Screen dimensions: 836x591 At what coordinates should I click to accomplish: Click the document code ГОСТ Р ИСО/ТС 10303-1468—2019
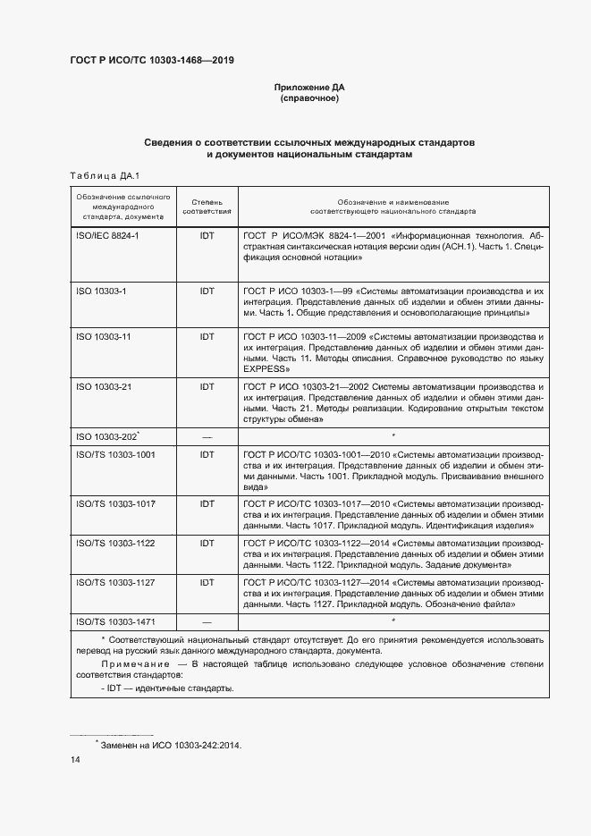152,61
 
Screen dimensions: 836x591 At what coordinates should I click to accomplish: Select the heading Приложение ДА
308,88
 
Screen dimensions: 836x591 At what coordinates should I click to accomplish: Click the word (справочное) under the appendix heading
308,98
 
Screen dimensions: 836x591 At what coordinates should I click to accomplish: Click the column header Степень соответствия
207,207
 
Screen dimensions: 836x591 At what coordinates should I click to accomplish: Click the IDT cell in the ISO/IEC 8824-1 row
207,234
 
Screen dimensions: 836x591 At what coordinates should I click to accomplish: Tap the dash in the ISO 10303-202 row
207,436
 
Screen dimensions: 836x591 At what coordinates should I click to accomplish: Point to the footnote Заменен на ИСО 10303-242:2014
171,744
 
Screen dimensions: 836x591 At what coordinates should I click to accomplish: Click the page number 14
74,760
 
